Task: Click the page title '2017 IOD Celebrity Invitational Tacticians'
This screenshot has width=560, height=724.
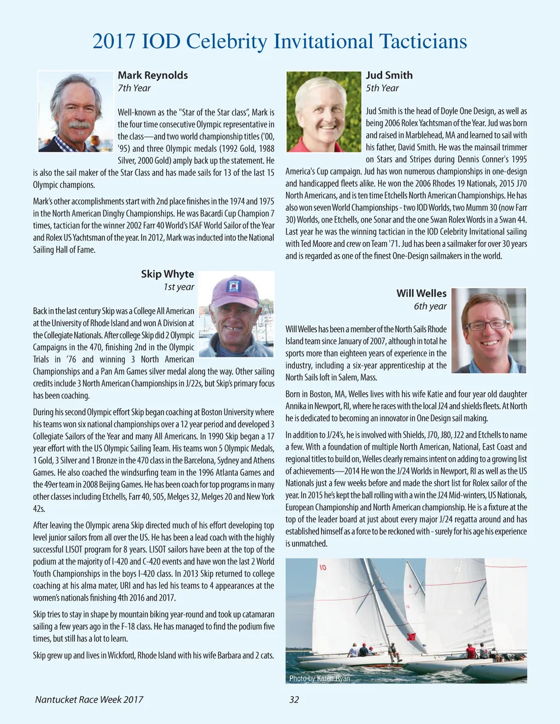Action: pyautogui.click(x=279, y=42)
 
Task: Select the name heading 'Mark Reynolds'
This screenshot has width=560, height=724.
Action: pyautogui.click(x=153, y=75)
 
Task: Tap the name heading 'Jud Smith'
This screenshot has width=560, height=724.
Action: pyautogui.click(x=389, y=75)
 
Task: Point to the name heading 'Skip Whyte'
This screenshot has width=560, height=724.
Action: pyautogui.click(x=167, y=274)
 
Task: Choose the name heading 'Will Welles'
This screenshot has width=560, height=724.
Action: pyautogui.click(x=421, y=293)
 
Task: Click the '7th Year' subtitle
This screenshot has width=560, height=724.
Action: pyautogui.click(x=134, y=88)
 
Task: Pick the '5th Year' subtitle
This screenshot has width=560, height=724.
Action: pyautogui.click(x=382, y=88)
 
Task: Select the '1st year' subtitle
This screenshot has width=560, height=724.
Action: pyautogui.click(x=179, y=287)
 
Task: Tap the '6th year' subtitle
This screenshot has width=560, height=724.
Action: pyautogui.click(x=430, y=306)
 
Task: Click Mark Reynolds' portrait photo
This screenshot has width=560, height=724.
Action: pyautogui.click(x=75, y=111)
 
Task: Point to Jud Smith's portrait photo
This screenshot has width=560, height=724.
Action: pyautogui.click(x=324, y=111)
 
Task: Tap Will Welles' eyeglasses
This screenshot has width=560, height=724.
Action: pyautogui.click(x=488, y=325)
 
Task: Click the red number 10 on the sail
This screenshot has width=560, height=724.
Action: pyautogui.click(x=323, y=568)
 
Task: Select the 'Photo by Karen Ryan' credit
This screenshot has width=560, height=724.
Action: pyautogui.click(x=319, y=678)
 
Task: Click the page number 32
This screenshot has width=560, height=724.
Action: pyautogui.click(x=294, y=699)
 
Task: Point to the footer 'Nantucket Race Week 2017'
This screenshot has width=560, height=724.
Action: pyautogui.click(x=89, y=699)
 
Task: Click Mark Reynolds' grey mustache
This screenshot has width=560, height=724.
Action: pyautogui.click(x=79, y=125)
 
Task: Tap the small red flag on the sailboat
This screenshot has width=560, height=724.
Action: pyautogui.click(x=411, y=637)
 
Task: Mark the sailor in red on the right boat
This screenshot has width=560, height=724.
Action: pyautogui.click(x=470, y=651)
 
